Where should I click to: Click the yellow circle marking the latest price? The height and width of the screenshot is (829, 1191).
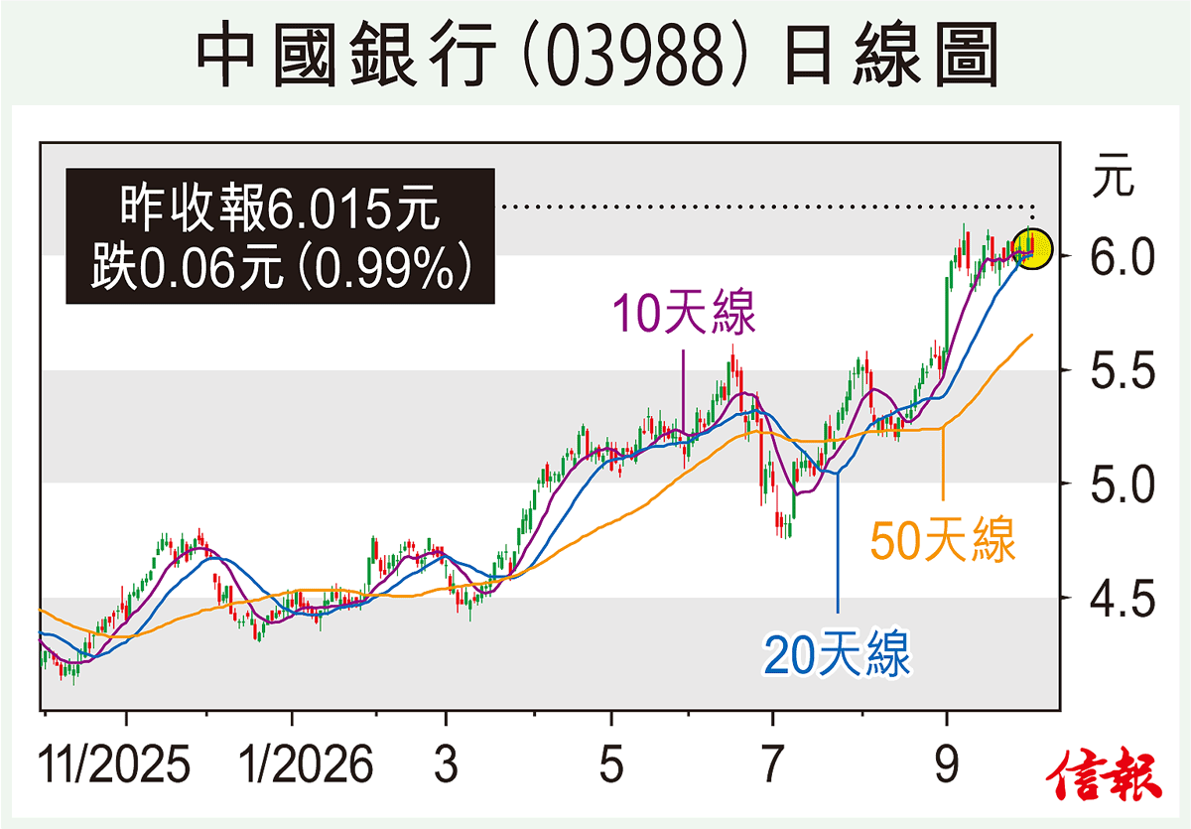[x=1032, y=249]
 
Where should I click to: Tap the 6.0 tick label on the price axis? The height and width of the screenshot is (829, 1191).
[x=1123, y=257]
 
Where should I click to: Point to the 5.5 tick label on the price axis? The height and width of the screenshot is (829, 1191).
[x=1123, y=370]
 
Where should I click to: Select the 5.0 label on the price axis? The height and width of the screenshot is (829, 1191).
[x=1123, y=484]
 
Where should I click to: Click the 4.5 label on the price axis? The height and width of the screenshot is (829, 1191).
[x=1123, y=599]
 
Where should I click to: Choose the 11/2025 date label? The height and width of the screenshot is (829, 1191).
[x=113, y=764]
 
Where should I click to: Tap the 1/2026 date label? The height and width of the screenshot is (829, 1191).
[x=305, y=764]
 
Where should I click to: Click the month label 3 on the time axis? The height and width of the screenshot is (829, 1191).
[x=446, y=764]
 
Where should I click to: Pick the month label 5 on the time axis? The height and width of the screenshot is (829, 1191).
[x=611, y=764]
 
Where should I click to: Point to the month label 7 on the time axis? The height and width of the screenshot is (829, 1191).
[x=772, y=764]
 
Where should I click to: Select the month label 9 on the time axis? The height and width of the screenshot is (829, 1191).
[x=947, y=764]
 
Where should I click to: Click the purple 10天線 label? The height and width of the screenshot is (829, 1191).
[x=684, y=313]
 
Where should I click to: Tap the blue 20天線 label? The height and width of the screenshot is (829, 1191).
[x=837, y=653]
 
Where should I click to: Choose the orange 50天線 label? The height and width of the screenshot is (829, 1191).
[x=943, y=540]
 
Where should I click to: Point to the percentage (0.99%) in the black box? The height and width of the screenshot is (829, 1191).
[x=385, y=267]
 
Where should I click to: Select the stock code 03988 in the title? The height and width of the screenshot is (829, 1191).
[x=635, y=55]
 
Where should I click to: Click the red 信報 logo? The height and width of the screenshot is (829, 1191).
[x=1104, y=774]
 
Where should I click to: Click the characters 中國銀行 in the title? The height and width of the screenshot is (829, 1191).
[x=346, y=55]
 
